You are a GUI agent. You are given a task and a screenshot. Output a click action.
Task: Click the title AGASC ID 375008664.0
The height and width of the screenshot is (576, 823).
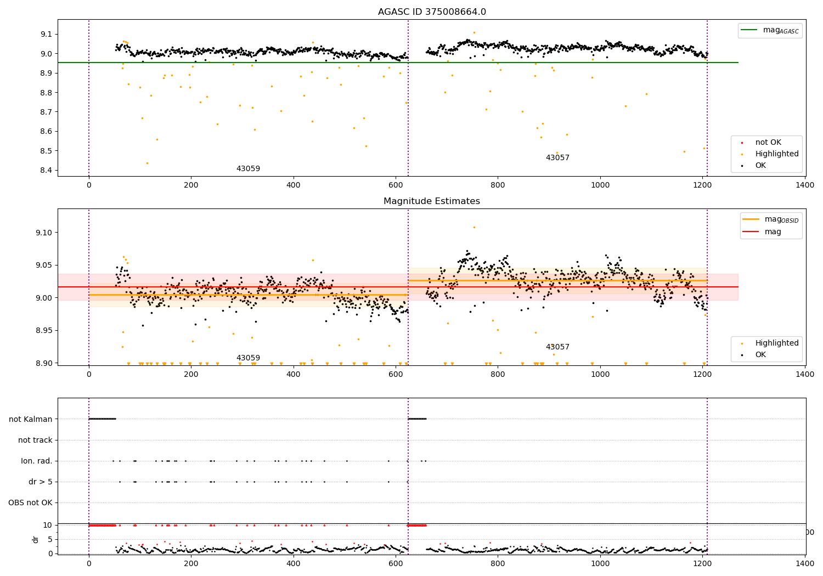tap(432, 12)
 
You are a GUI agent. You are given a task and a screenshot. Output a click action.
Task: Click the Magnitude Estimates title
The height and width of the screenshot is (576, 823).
tap(432, 201)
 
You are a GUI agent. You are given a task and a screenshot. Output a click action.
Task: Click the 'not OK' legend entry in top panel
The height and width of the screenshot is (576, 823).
tap(768, 143)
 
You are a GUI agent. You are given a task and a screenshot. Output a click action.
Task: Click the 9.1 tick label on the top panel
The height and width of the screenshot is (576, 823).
tap(46, 34)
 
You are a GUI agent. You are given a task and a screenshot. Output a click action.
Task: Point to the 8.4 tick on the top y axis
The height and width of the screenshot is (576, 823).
tap(46, 170)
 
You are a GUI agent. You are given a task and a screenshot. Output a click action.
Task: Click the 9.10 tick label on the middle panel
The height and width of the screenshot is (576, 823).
tap(44, 233)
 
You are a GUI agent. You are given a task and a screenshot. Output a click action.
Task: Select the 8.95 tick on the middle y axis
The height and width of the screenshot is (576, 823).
tap(44, 331)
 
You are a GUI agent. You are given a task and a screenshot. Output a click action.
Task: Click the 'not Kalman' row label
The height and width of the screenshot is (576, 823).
tap(31, 420)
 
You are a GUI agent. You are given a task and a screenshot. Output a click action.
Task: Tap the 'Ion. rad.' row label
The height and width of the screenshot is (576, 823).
tap(37, 461)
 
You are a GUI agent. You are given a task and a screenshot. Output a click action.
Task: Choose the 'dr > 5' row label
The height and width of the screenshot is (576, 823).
tap(41, 482)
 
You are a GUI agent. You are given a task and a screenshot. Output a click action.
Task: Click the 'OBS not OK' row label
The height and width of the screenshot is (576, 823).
tap(31, 503)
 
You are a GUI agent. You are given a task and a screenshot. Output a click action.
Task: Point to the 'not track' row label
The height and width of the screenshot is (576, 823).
tap(35, 441)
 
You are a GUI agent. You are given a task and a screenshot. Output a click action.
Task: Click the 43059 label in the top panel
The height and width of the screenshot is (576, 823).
tap(248, 169)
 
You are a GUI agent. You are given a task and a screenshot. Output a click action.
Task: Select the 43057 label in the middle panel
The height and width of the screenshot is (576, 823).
tap(557, 347)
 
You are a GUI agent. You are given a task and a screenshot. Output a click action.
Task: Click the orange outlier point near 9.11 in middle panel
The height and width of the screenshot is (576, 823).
tap(474, 227)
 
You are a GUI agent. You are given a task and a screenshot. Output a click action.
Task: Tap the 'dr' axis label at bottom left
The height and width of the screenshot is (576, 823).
tap(36, 539)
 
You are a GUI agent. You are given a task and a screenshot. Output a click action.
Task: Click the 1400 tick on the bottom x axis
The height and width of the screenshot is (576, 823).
tap(805, 563)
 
